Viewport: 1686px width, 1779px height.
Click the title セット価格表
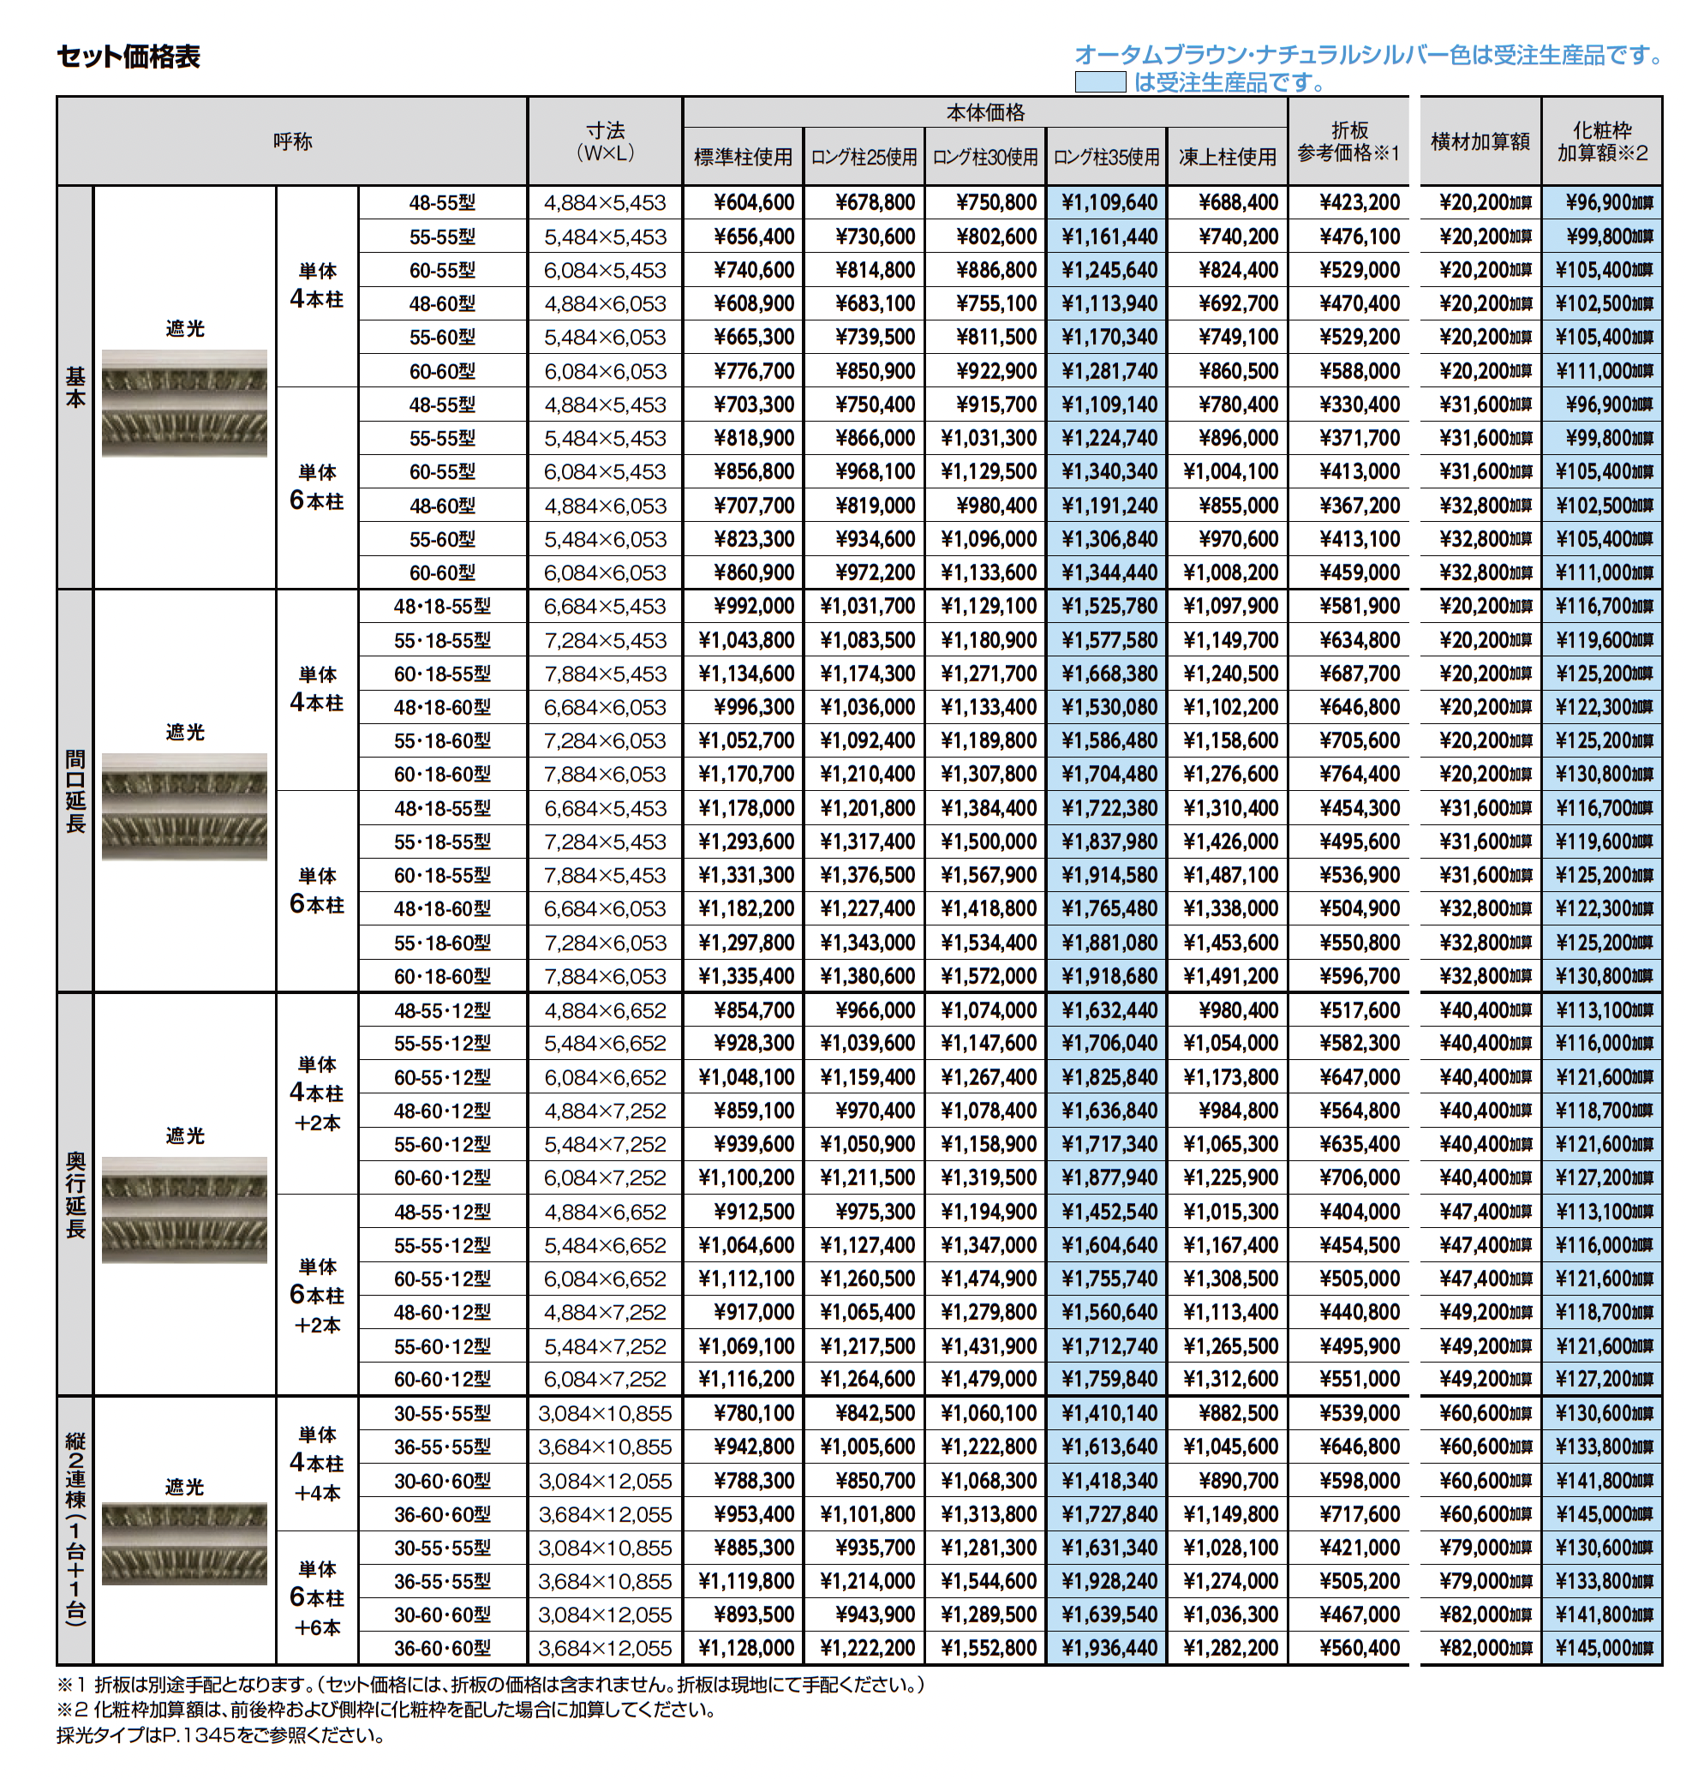point(129,57)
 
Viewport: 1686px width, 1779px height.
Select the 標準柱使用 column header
point(743,158)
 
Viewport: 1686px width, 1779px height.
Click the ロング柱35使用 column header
point(1106,158)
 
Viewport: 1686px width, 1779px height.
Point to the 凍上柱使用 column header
point(1227,158)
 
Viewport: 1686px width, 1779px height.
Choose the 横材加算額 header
point(1480,142)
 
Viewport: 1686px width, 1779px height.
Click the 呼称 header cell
point(292,142)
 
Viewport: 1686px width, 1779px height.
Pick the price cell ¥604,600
point(753,203)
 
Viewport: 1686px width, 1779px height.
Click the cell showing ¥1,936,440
point(1109,1649)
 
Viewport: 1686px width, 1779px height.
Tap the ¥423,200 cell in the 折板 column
point(1359,203)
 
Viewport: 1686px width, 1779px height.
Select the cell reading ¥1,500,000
point(988,842)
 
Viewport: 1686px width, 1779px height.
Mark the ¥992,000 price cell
point(753,607)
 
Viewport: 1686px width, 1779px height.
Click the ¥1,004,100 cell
point(1229,472)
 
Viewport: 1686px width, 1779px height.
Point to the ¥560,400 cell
point(1359,1649)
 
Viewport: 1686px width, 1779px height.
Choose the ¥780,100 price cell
point(753,1414)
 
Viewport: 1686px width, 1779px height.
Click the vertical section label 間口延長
point(75,791)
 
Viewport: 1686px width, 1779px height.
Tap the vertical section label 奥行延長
point(75,1195)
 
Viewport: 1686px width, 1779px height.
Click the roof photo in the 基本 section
point(184,403)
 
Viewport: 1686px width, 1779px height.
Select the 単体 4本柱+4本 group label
point(317,1464)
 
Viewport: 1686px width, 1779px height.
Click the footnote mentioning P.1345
point(220,1736)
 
